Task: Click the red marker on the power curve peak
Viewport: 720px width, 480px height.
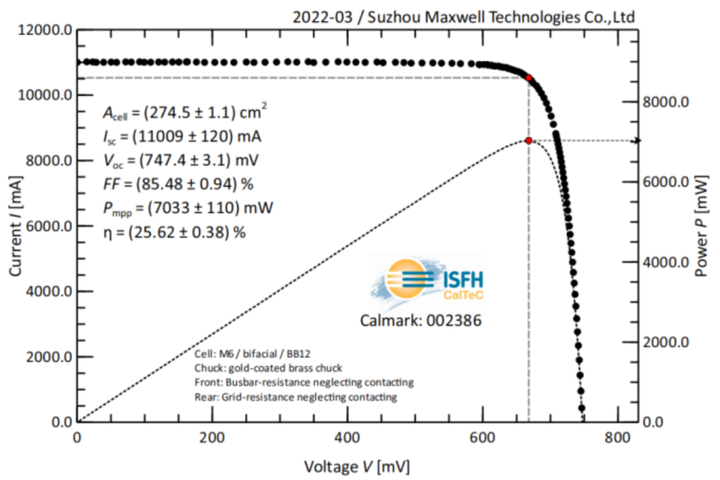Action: click(528, 141)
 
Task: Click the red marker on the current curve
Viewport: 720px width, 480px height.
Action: click(528, 77)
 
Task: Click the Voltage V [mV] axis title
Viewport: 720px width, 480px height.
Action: click(356, 466)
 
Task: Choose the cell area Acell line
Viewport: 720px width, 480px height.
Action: click(185, 113)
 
